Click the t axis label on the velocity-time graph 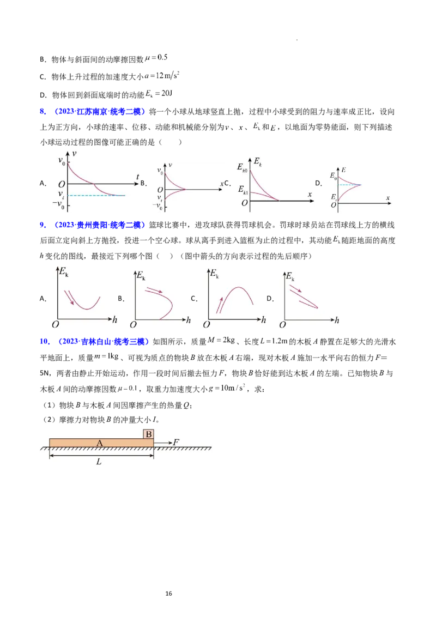tap(138, 176)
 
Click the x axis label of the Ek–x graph tap(310, 194)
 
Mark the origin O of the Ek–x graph tap(245, 203)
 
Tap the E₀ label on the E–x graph tap(334, 177)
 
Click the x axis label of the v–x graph tap(222, 184)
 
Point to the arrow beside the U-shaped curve tap(69, 297)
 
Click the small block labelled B tap(148, 434)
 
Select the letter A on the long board tap(99, 444)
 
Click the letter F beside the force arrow tap(175, 442)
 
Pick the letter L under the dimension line tap(99, 461)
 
